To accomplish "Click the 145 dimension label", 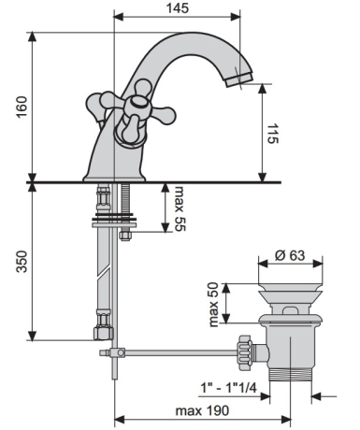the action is pyautogui.click(x=178, y=8).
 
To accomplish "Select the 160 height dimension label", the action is pyautogui.click(x=22, y=107).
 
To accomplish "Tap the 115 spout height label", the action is pyautogui.click(x=273, y=134).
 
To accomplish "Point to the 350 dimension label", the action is pyautogui.click(x=22, y=262).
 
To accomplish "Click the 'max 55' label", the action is pyautogui.click(x=180, y=208).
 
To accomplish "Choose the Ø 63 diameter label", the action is pyautogui.click(x=290, y=255).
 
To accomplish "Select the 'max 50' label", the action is pyautogui.click(x=214, y=305).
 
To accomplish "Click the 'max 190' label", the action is pyautogui.click(x=202, y=410).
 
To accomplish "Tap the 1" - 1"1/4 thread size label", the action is pyautogui.click(x=228, y=388).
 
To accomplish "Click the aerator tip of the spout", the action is pyautogui.click(x=239, y=79).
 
